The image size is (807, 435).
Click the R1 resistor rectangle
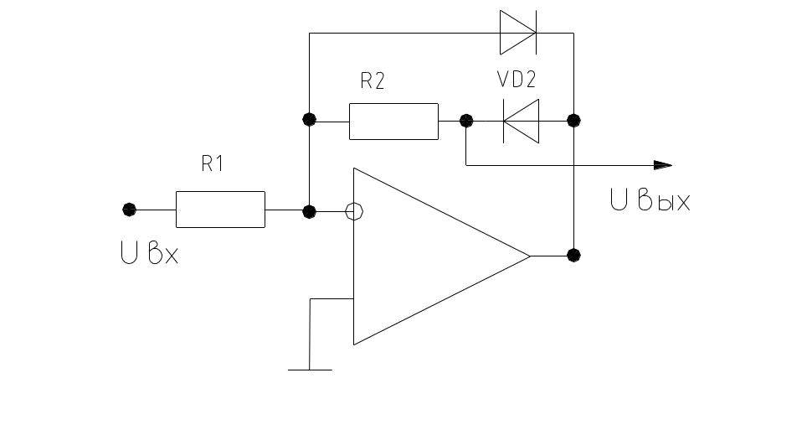click(220, 210)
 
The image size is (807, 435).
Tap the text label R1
click(213, 164)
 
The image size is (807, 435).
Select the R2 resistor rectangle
click(393, 121)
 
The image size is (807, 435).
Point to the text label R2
click(373, 81)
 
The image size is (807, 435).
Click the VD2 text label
click(517, 80)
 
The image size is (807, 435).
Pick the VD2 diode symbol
click(520, 121)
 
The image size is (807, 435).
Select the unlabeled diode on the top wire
click(518, 33)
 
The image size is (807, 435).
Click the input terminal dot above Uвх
click(128, 210)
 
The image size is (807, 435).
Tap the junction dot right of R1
click(310, 212)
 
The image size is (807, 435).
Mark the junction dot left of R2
click(310, 119)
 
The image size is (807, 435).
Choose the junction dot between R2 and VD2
click(466, 121)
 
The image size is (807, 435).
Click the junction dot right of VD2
click(573, 121)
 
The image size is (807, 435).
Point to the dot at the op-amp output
click(573, 255)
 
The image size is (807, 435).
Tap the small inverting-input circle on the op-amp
click(354, 212)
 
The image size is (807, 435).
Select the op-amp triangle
click(427, 256)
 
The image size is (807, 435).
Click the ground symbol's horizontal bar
click(310, 370)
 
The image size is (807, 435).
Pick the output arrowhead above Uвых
click(662, 164)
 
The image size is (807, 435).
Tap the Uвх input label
click(150, 254)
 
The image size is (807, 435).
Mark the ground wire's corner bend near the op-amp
click(311, 298)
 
